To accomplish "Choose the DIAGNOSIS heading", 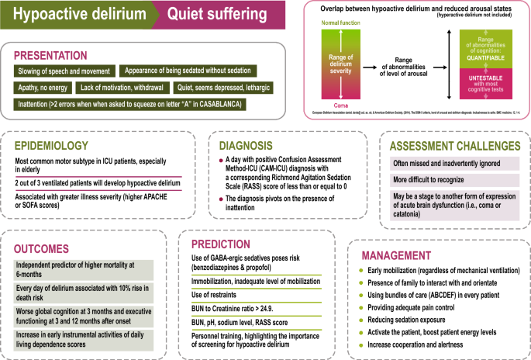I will [250, 145].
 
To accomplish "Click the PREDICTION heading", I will [224, 242].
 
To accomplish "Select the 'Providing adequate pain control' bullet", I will [411, 308].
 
